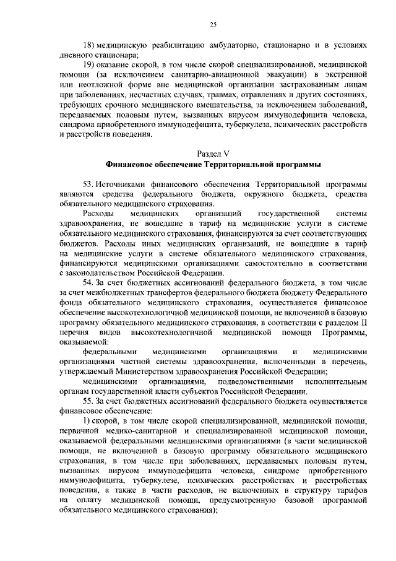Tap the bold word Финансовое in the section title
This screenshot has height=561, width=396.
point(131,165)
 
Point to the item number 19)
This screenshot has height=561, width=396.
point(90,64)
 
